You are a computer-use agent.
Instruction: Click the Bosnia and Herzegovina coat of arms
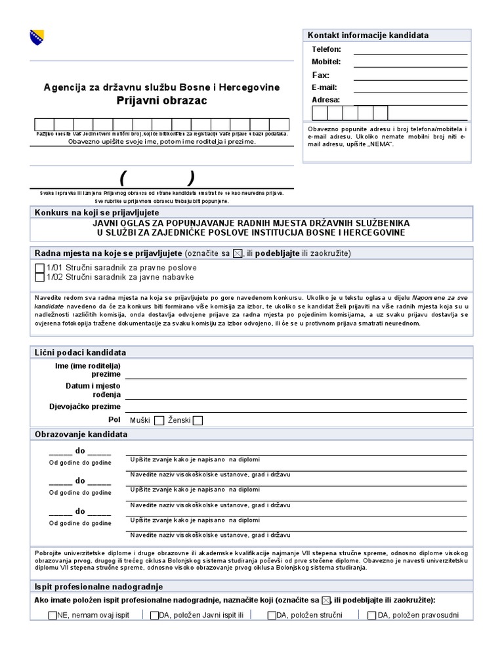[37, 37]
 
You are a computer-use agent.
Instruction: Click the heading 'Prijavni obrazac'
[161, 100]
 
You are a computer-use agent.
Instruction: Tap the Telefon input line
[410, 50]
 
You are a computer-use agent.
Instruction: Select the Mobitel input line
[410, 62]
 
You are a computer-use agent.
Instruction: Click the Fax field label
[320, 75]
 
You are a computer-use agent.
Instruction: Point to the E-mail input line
[410, 87]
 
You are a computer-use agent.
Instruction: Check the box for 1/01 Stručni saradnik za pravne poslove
[40, 268]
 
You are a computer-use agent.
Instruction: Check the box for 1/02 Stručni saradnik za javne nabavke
[40, 278]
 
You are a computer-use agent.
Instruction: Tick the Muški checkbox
[159, 421]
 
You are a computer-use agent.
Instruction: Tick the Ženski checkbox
[198, 421]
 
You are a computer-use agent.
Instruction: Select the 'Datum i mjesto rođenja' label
[83, 390]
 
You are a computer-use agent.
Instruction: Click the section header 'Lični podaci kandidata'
[80, 352]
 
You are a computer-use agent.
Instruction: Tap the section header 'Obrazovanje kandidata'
[81, 434]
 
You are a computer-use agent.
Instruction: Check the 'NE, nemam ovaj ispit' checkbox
[52, 616]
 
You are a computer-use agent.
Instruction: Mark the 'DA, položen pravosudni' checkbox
[372, 616]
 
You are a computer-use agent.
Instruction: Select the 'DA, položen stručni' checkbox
[272, 616]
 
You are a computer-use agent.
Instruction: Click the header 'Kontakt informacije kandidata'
[368, 34]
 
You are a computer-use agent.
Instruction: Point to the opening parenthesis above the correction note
[123, 178]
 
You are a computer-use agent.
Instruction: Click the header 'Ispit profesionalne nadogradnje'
[98, 587]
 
